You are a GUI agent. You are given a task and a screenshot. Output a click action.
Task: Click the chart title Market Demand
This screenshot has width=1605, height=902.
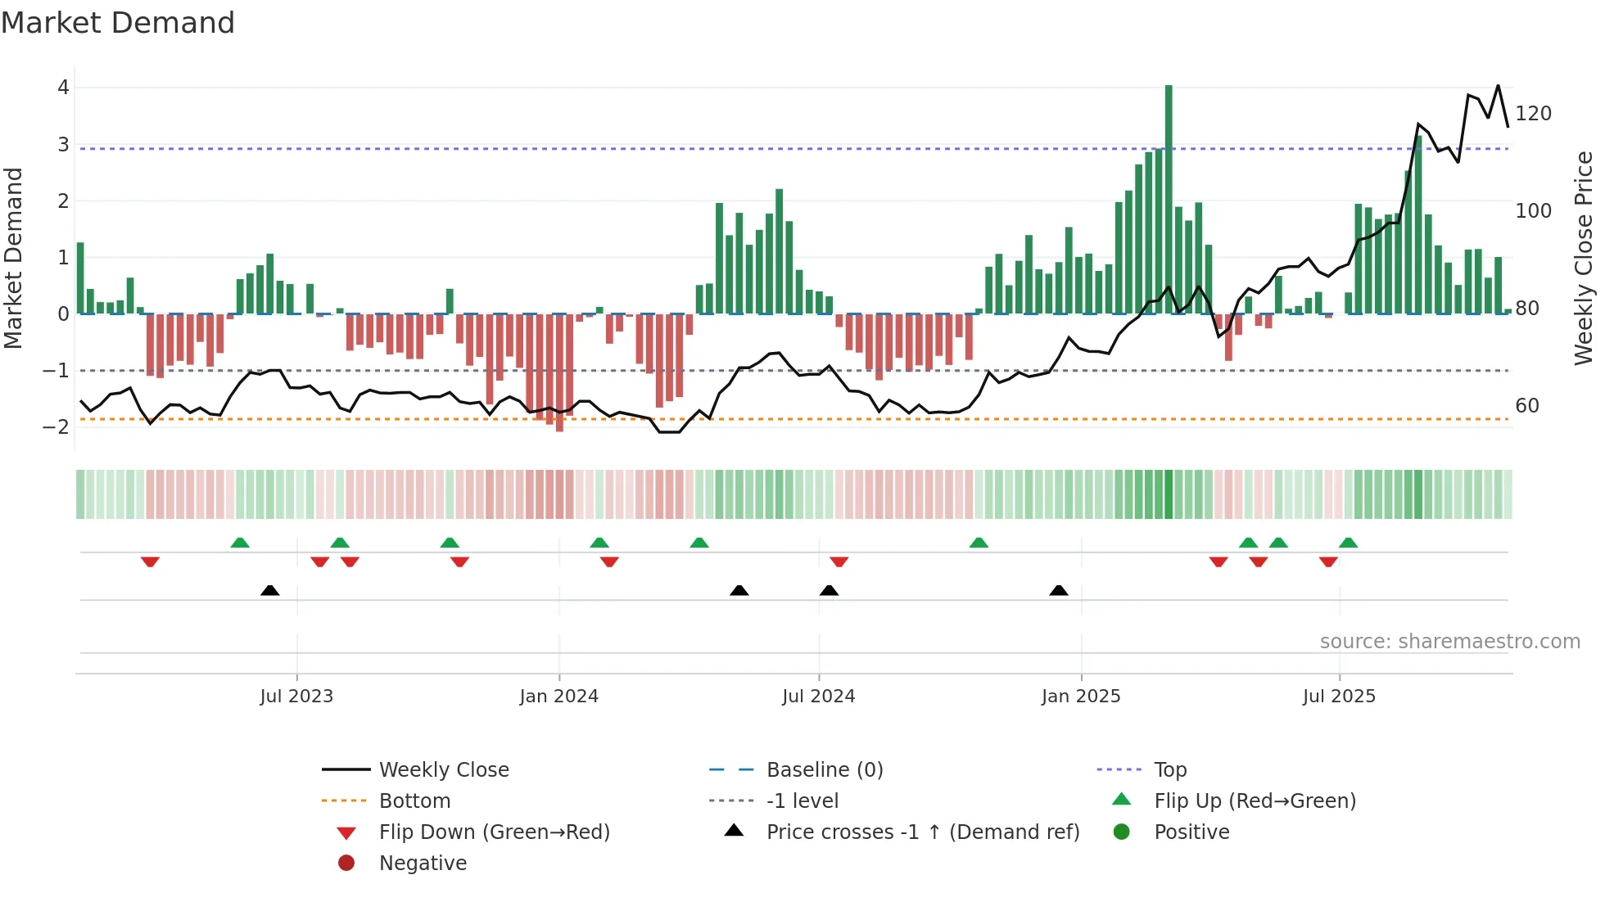(x=118, y=23)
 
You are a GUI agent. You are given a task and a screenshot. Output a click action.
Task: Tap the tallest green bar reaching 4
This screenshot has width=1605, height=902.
(x=1169, y=196)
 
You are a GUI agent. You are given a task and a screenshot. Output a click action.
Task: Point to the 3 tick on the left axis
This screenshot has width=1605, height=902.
(x=63, y=145)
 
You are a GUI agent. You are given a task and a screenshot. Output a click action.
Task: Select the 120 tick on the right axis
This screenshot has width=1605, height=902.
(x=1533, y=114)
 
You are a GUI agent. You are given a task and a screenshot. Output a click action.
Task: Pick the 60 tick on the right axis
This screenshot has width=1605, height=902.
(x=1526, y=406)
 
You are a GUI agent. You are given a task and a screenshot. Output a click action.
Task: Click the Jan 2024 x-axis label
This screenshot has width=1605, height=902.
(x=558, y=697)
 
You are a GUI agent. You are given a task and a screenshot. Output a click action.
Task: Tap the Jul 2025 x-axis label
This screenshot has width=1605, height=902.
(x=1339, y=697)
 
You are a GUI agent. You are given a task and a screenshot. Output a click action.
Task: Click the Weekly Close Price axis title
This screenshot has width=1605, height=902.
(x=1584, y=258)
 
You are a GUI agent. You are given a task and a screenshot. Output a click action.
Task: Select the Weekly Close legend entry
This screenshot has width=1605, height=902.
(x=443, y=770)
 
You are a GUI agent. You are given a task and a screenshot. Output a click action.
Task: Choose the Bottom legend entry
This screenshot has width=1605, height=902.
(x=414, y=801)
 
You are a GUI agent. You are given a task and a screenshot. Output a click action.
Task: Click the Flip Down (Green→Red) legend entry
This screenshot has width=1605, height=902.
(x=494, y=832)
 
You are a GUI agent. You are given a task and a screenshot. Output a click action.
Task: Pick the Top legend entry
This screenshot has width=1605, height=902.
(x=1169, y=770)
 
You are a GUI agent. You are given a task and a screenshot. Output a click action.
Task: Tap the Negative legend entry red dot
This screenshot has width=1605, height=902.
(x=346, y=864)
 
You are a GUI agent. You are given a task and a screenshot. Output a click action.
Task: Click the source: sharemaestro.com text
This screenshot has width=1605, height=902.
(x=1449, y=642)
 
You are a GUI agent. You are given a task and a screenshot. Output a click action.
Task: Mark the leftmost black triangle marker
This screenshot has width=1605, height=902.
(x=269, y=591)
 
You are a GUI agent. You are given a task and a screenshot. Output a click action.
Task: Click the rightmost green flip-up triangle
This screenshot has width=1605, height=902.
(x=1348, y=543)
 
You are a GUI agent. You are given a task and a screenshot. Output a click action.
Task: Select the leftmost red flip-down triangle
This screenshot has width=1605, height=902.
(x=150, y=561)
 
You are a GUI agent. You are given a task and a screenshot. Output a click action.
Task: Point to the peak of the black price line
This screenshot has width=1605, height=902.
(x=1498, y=86)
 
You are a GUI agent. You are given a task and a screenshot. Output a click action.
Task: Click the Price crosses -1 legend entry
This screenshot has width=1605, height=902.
(x=922, y=832)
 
